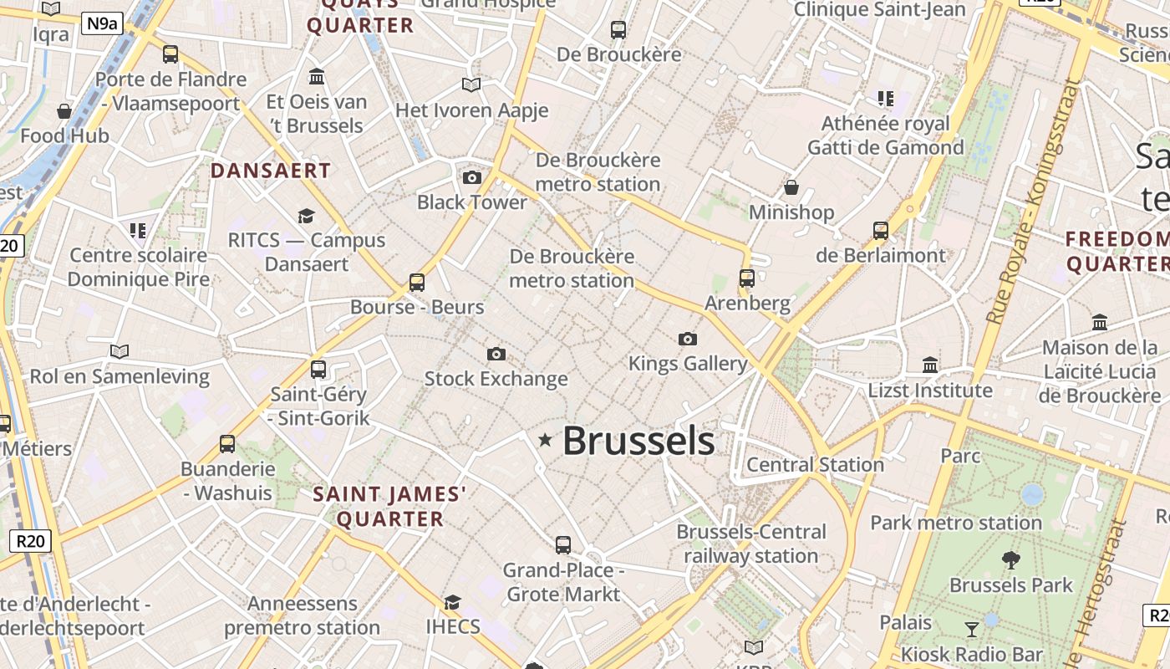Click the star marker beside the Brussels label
[x=545, y=440]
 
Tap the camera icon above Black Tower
[x=472, y=177]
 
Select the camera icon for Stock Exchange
[x=496, y=355]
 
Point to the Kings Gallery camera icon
[x=688, y=339]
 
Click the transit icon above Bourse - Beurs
[x=417, y=283]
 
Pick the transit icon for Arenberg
[x=747, y=278]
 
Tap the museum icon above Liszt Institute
[x=930, y=365]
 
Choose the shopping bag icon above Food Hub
[x=64, y=110]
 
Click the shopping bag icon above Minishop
[x=791, y=187]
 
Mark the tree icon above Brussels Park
[x=1011, y=560]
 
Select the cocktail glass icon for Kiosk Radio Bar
[x=971, y=629]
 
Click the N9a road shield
[x=103, y=23]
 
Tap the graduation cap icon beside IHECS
[x=453, y=602]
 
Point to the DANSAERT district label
[x=271, y=171]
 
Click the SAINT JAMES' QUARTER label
[x=389, y=507]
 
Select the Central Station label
[x=815, y=465]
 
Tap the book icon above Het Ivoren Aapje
[x=471, y=84]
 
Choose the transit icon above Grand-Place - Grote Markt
[x=563, y=545]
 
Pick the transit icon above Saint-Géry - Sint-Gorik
[x=318, y=370]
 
